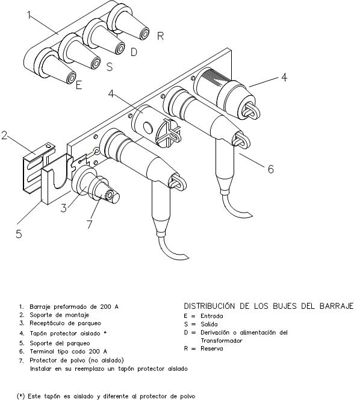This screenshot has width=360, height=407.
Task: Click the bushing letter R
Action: pos(160,36)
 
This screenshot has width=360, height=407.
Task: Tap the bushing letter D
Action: pos(134,52)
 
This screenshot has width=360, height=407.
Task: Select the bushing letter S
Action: pos(110,67)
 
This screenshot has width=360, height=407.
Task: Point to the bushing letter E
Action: pos(79,85)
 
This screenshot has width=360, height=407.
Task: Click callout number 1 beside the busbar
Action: pos(29,15)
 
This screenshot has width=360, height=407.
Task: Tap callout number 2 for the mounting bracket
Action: pos(4,135)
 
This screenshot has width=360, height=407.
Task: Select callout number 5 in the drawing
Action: pos(19,234)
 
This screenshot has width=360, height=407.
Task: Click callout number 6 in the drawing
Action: pos(271,169)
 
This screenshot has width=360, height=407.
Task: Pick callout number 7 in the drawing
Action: pos(90,224)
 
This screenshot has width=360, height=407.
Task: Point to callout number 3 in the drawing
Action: pos(64,208)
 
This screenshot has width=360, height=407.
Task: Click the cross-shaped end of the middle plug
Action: pos(168,133)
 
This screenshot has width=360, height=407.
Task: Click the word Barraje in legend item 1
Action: pos(40,307)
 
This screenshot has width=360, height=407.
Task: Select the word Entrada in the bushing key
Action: pos(211,316)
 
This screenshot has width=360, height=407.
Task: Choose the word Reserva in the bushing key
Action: pos(211,349)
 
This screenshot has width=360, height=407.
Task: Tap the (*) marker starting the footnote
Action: pos(20,396)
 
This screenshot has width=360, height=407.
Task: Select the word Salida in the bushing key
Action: pos(209,324)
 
